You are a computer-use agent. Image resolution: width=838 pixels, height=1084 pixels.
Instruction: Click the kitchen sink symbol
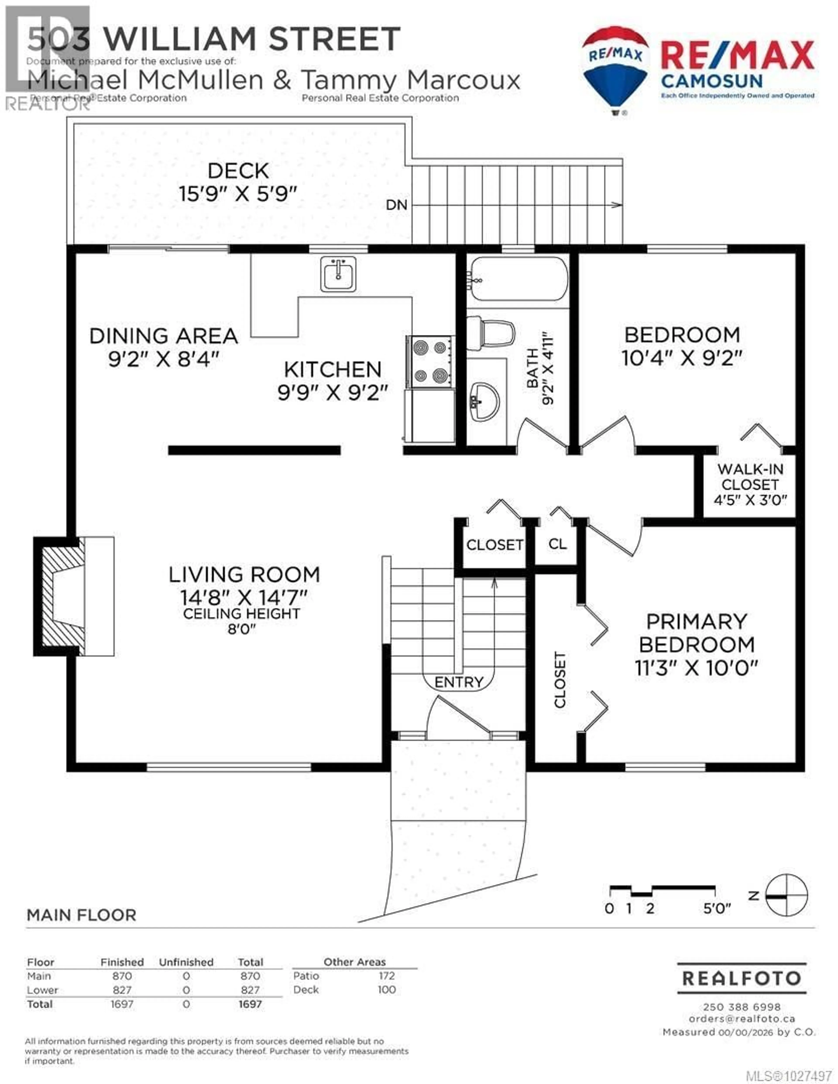pos(338,274)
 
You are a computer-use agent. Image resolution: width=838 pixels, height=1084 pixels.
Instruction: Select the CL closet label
pos(557,544)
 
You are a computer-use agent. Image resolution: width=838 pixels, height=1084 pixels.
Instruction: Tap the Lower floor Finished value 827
pos(122,990)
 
